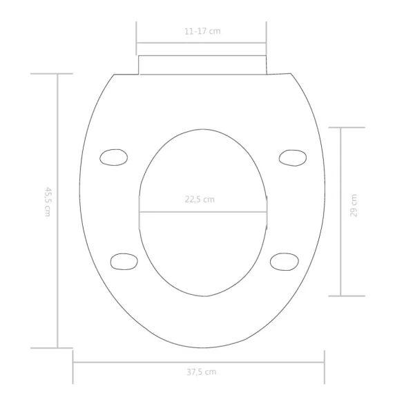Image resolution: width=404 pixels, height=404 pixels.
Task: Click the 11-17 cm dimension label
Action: coord(202,31)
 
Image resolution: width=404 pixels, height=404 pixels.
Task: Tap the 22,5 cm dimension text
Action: coord(200,200)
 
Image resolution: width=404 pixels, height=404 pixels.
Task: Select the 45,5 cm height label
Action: coord(48,202)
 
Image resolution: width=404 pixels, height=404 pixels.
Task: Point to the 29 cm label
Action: coord(354,206)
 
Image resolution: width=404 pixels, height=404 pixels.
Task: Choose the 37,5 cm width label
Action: coord(202,372)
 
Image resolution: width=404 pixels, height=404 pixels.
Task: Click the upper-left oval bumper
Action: coord(114,157)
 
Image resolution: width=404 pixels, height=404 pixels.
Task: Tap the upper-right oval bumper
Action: coord(293,157)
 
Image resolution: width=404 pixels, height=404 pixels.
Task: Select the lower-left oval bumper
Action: coord(124,262)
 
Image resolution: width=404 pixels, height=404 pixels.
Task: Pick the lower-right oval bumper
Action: coord(285,262)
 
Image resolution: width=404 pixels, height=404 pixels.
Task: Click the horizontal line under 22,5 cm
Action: coord(203,212)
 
